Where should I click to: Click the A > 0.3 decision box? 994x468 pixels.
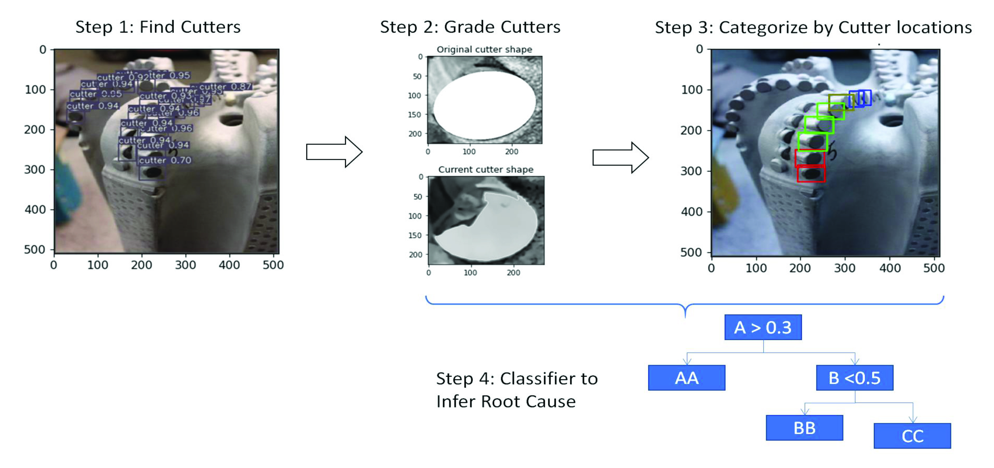pos(763,327)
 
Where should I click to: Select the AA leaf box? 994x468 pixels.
pos(686,378)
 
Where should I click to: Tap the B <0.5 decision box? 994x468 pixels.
pos(854,378)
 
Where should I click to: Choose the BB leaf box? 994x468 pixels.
pos(804,428)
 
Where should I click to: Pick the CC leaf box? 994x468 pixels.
pos(912,436)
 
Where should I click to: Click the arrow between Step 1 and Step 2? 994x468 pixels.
pos(334,152)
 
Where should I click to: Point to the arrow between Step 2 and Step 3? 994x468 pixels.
pos(620,158)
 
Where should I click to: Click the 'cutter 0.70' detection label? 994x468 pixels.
pos(165,160)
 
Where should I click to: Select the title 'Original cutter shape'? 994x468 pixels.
pos(484,49)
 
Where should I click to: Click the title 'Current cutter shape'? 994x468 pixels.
pos(486,169)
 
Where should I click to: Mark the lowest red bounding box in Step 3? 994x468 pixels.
pos(811,174)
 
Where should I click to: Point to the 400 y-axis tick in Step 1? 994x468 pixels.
pos(35,209)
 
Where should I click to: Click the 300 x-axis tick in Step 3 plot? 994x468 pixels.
pos(845,268)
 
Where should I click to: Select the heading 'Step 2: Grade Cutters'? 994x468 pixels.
pos(470,27)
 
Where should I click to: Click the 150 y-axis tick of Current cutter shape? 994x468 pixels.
pos(415,235)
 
